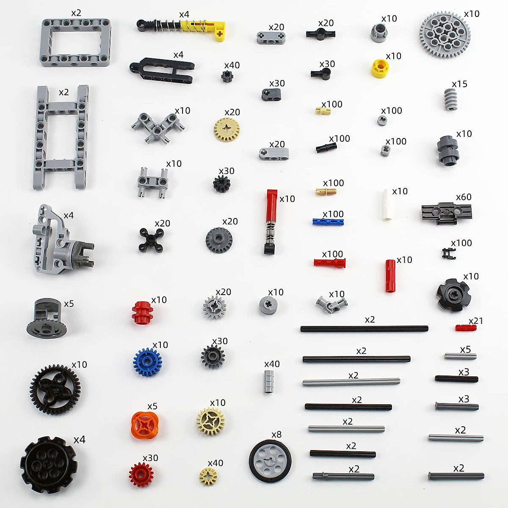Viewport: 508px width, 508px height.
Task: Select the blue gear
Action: click(x=147, y=362)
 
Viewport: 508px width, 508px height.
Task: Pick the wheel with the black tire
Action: click(x=270, y=461)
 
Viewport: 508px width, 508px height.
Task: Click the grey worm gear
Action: click(x=450, y=99)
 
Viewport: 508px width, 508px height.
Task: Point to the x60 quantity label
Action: click(x=464, y=197)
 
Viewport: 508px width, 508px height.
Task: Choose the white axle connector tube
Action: click(x=387, y=204)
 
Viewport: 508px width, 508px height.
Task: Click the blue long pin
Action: click(x=328, y=221)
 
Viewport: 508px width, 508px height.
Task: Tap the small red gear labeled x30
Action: click(x=141, y=474)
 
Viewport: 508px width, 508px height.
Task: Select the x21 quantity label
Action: click(x=476, y=321)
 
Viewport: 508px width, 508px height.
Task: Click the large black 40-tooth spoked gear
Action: click(x=55, y=389)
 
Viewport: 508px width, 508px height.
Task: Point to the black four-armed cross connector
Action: click(x=152, y=240)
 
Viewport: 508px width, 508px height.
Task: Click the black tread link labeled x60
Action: click(x=446, y=212)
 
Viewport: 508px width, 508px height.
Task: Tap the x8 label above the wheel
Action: click(x=276, y=434)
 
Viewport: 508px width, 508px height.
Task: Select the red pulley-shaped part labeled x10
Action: click(x=141, y=312)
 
